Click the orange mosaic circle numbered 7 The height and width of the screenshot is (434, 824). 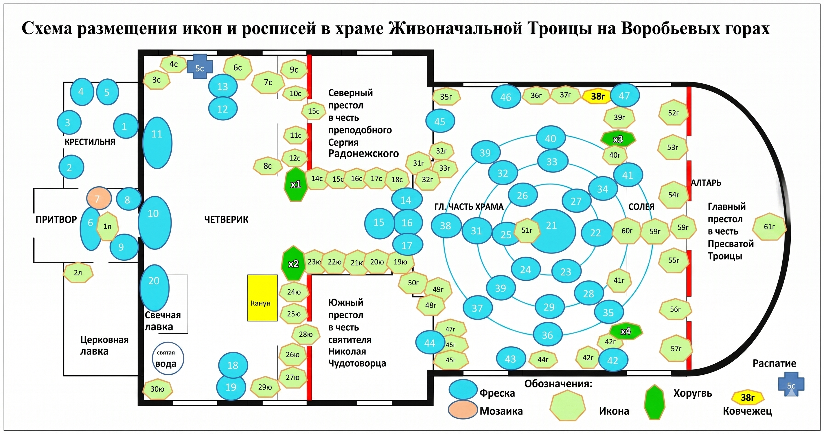coord(99,198)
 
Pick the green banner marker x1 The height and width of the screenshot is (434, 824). coord(295,184)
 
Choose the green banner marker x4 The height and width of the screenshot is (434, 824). coord(625,331)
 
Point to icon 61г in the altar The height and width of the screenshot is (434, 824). coord(769,227)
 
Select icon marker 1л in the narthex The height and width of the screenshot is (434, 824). coord(107,227)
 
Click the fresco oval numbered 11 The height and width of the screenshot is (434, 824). coord(157,143)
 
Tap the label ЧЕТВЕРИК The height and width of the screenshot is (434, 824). coord(226,220)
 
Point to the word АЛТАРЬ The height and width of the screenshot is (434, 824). coord(706,183)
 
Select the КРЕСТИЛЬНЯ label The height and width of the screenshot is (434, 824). coord(90,142)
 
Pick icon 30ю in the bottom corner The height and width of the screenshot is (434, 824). coord(157,389)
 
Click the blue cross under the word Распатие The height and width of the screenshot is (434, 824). coord(791,385)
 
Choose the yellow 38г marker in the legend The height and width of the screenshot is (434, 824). coord(748,398)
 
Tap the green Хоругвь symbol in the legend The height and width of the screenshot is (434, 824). coord(654,402)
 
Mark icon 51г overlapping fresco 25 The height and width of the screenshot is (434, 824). coord(527,230)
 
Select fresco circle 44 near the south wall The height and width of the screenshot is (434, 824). coord(430,343)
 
